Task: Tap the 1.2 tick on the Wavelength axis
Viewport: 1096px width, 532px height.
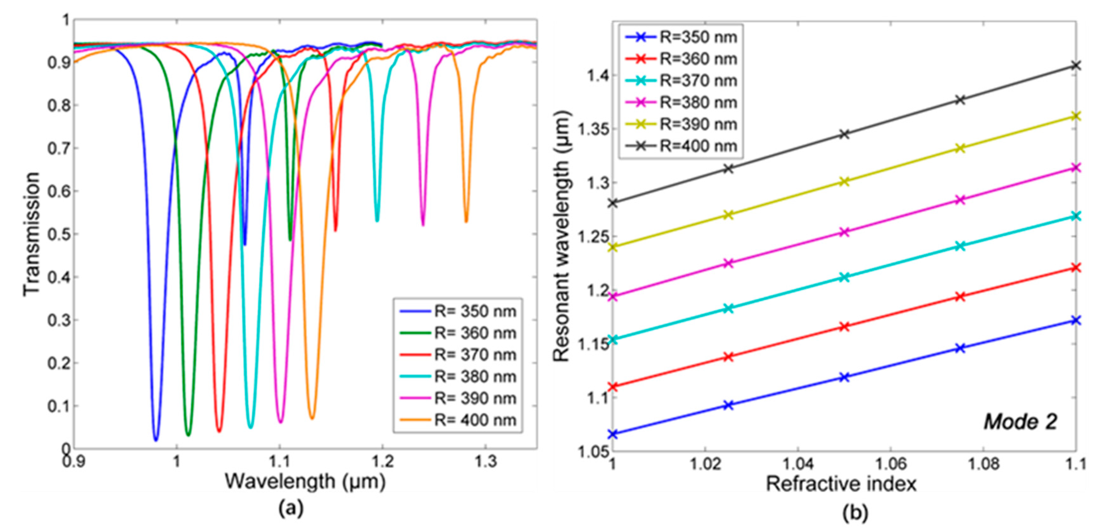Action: pyautogui.click(x=383, y=461)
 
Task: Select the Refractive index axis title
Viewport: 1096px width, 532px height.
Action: pyautogui.click(x=841, y=484)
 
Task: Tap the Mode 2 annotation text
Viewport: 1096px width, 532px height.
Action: pyautogui.click(x=1020, y=422)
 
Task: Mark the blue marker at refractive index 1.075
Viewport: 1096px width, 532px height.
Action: pyautogui.click(x=960, y=348)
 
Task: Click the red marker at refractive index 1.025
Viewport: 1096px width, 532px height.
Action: pyautogui.click(x=728, y=357)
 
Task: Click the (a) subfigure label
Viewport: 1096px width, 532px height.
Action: pyautogui.click(x=291, y=508)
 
